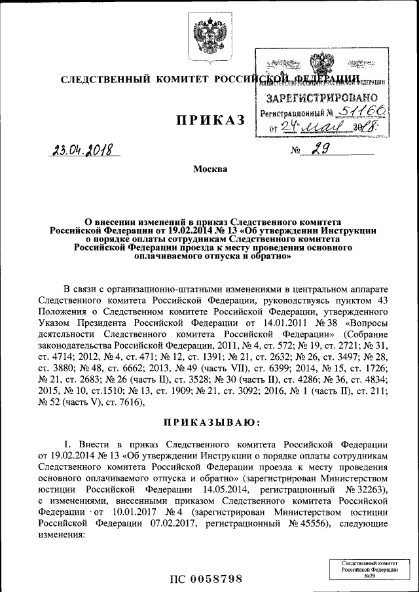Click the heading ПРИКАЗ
(209, 120)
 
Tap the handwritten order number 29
(320, 151)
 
